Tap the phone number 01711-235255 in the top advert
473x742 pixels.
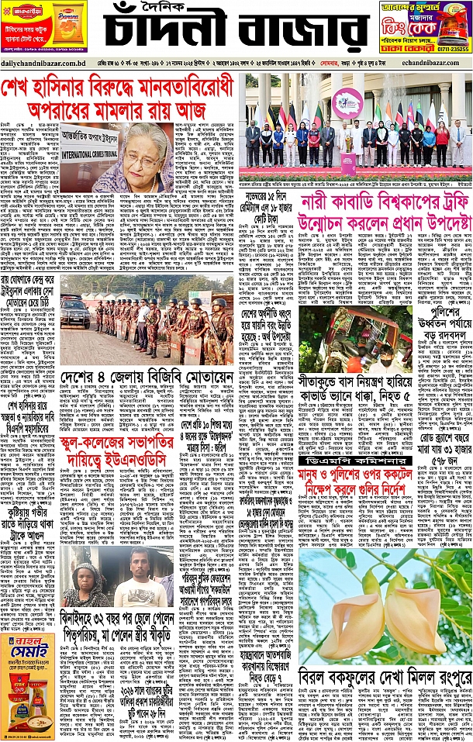point(448,48)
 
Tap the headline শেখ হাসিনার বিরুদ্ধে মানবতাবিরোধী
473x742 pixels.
point(116,88)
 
